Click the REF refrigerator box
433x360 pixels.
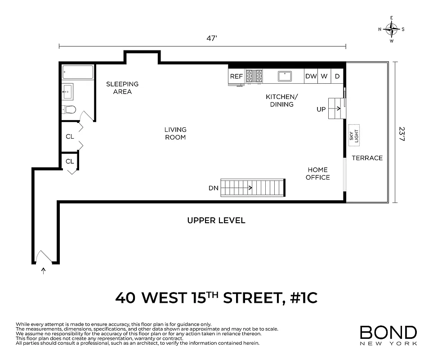pos(237,76)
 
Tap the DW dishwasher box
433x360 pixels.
pos(311,76)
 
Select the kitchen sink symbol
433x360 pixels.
pos(285,76)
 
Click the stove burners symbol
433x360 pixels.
pos(254,76)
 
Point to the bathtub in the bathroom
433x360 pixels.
pos(78,72)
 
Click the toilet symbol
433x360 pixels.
pos(70,109)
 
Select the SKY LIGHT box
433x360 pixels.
pos(354,133)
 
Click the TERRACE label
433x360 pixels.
pos(367,158)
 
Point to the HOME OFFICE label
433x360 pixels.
pos(318,174)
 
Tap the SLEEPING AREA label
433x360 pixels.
pos(122,88)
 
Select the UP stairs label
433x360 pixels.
pos(321,109)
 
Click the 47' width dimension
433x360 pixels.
pos(212,39)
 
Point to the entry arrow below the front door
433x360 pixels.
pos(44,271)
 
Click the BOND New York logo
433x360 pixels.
pos(388,335)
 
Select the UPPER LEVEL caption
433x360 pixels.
pos(216,220)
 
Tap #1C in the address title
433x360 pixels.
pos(302,298)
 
